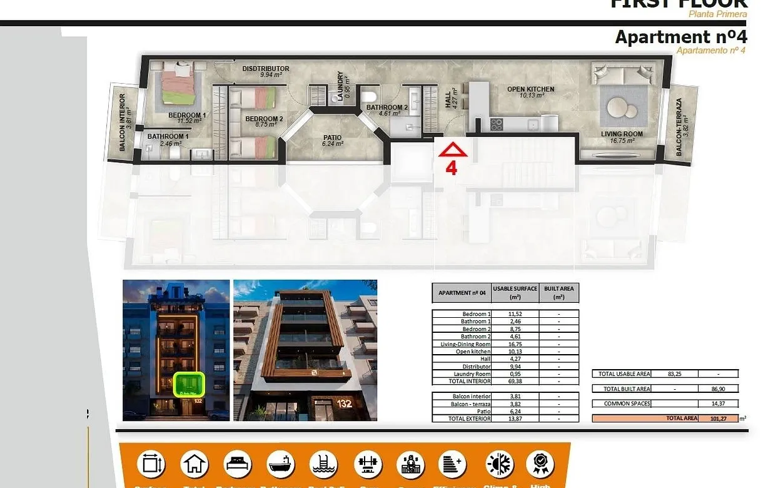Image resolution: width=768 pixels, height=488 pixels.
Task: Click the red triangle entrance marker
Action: point(453,150)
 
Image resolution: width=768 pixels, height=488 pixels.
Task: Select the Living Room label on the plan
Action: point(622,134)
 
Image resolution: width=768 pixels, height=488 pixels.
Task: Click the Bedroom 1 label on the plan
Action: point(187,116)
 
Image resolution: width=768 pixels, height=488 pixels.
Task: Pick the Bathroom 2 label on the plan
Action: point(387,108)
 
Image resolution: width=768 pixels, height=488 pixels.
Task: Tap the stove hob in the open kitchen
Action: point(497,124)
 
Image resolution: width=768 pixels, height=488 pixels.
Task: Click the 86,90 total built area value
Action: point(718,389)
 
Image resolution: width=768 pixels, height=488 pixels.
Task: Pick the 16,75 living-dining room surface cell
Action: point(515,343)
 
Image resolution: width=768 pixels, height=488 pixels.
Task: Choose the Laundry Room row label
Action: point(476,374)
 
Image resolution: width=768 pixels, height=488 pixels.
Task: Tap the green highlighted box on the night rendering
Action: point(189,384)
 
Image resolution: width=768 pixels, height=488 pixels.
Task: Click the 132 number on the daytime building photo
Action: point(343,404)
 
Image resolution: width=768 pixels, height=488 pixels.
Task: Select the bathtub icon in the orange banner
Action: point(281,464)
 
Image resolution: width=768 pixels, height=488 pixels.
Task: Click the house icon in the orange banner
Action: point(195,464)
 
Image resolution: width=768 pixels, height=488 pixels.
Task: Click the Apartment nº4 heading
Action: point(680,37)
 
